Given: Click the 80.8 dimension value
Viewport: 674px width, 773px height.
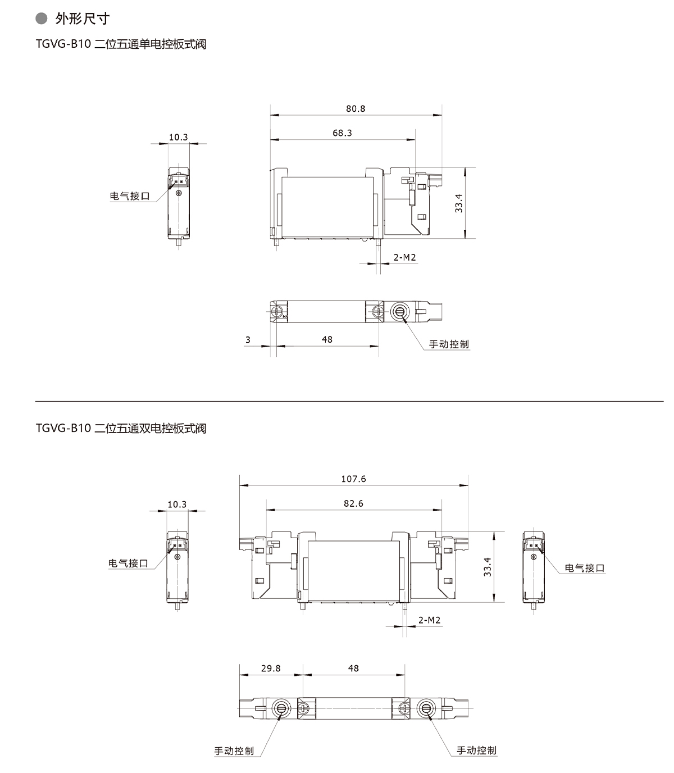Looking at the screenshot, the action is [356, 109].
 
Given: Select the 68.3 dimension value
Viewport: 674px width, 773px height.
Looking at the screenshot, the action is [341, 133].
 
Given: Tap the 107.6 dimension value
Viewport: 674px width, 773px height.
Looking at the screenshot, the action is [353, 479].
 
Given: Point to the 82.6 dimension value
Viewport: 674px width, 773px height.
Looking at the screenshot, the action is [353, 503].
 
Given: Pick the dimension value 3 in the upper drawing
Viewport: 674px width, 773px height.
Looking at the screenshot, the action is [248, 340].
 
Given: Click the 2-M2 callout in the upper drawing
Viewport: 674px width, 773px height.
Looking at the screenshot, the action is [404, 257].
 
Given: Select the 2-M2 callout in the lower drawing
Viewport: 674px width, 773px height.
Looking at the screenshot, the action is [429, 620].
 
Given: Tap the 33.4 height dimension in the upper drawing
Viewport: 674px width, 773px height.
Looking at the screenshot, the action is [459, 203].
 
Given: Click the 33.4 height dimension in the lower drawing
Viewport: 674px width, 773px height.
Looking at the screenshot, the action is [488, 567].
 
